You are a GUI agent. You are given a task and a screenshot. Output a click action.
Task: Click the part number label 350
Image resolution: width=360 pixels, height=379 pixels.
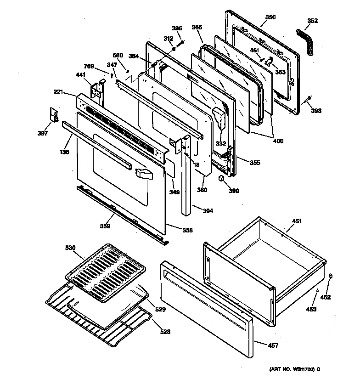click(270, 17)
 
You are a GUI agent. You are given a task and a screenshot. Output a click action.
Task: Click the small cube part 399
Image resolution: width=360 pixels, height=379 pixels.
click(222, 177)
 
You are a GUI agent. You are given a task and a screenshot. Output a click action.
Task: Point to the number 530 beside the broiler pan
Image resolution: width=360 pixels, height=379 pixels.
click(70, 248)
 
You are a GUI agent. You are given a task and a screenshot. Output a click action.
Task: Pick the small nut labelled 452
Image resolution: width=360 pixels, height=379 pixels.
click(331, 276)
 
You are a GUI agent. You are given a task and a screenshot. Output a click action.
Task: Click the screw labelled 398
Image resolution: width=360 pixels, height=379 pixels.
click(308, 98)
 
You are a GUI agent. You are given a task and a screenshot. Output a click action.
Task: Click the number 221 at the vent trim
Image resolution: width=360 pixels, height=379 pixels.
click(57, 92)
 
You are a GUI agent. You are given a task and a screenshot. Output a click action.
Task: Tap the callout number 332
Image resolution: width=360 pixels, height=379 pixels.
click(221, 144)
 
